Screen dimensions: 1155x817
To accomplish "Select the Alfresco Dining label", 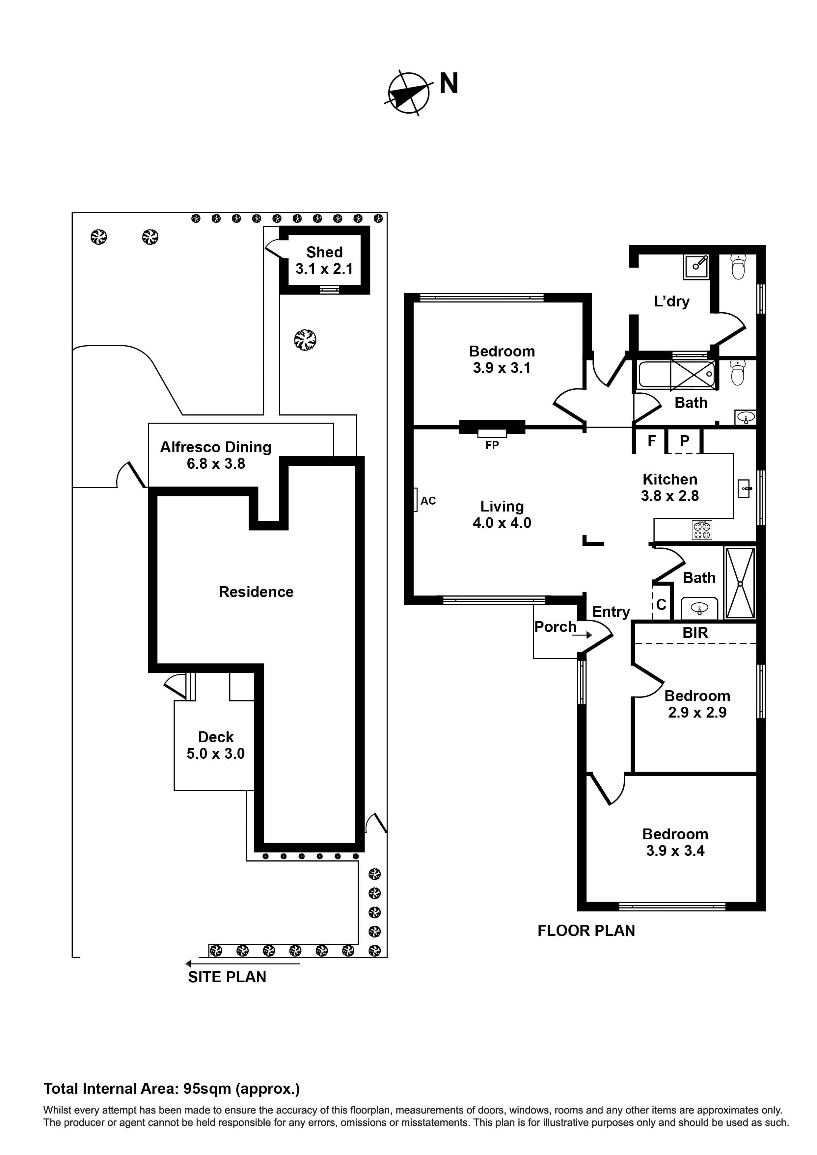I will pyautogui.click(x=215, y=447).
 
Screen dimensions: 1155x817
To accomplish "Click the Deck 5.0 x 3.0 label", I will pyautogui.click(x=215, y=745).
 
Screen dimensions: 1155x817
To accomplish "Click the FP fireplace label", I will pyautogui.click(x=492, y=445).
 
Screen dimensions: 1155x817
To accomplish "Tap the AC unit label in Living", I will pyautogui.click(x=428, y=501).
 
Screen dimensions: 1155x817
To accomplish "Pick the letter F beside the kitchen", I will pyautogui.click(x=651, y=441).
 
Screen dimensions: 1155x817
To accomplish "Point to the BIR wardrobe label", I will pyautogui.click(x=695, y=633).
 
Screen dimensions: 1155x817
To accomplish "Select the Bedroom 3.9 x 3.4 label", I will pyautogui.click(x=675, y=843).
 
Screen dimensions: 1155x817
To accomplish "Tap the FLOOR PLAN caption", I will pyautogui.click(x=586, y=931).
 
